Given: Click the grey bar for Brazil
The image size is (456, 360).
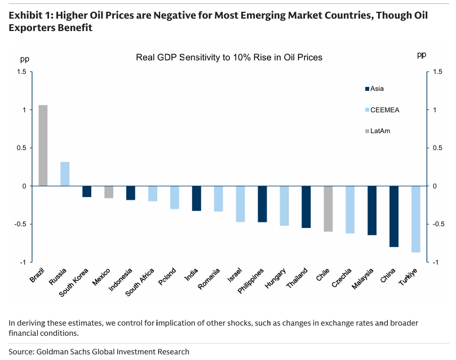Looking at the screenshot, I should pyautogui.click(x=43, y=145).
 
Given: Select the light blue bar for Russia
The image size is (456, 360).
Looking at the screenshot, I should pyautogui.click(x=65, y=174).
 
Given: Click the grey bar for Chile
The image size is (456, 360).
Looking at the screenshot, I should pyautogui.click(x=327, y=209).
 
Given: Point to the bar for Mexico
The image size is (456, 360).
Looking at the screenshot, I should pyautogui.click(x=109, y=192).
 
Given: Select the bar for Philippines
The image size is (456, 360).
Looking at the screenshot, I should pyautogui.click(x=262, y=204).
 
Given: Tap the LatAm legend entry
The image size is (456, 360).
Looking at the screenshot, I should pyautogui.click(x=380, y=131).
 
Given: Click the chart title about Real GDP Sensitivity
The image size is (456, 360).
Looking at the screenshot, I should pyautogui.click(x=229, y=58).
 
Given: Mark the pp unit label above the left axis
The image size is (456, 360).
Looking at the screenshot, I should pyautogui.click(x=24, y=58).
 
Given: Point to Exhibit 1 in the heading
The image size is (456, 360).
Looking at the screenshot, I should pyautogui.click(x=28, y=15).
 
